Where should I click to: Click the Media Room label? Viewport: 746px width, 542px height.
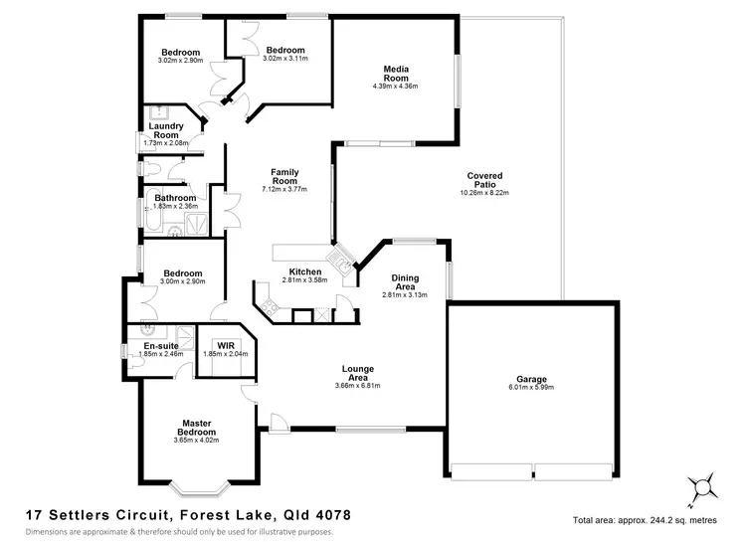[x=396, y=73]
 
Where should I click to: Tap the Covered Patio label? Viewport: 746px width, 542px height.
[x=483, y=180]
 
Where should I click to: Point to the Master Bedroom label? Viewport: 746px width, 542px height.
[x=196, y=427]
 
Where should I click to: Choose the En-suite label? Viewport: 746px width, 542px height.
[x=159, y=345]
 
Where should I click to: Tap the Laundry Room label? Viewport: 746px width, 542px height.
[x=165, y=130]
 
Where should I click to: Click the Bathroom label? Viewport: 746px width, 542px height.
[x=175, y=198]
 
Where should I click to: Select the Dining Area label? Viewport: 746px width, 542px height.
[x=404, y=282]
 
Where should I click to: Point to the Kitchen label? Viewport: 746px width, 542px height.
[x=304, y=271]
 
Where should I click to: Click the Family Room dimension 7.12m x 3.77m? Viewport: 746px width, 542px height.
[x=284, y=189]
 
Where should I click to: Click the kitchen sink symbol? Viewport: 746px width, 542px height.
[x=342, y=261]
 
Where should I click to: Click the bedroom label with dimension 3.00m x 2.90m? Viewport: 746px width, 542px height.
[x=183, y=273]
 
